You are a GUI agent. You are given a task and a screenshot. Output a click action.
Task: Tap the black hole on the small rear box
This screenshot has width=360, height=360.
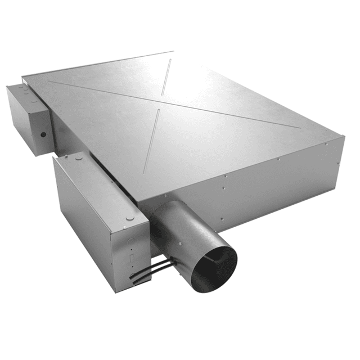coord(43,134)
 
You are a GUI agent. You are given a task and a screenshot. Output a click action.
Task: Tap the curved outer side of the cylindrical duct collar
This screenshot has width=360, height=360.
coord(174,225)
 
